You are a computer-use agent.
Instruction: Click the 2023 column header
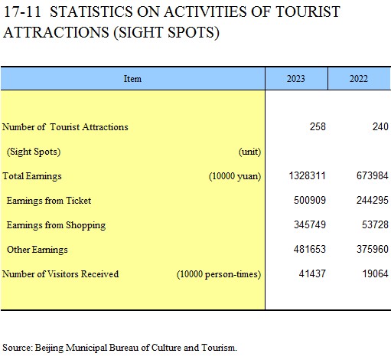296,79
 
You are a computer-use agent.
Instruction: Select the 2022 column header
359,79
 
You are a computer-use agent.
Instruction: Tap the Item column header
132,79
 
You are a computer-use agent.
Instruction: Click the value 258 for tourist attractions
318,126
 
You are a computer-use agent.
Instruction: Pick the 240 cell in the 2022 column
380,126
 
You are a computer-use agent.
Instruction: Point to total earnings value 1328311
308,176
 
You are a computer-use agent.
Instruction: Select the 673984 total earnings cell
373,176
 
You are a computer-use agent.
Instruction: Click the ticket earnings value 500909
310,200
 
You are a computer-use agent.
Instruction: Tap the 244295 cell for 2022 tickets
373,200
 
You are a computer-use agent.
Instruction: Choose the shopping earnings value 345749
310,224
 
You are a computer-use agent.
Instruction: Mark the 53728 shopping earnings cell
375,224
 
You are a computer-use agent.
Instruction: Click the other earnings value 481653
310,249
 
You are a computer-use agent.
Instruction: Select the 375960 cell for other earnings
373,249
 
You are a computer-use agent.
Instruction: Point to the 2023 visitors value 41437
312,273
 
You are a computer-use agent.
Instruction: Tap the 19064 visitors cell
376,273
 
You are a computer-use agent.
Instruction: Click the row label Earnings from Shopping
56,225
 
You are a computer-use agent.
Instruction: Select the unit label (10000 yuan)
235,176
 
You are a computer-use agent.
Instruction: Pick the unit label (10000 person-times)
219,274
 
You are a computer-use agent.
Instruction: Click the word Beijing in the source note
49,348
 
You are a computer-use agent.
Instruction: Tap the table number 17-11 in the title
22,11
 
